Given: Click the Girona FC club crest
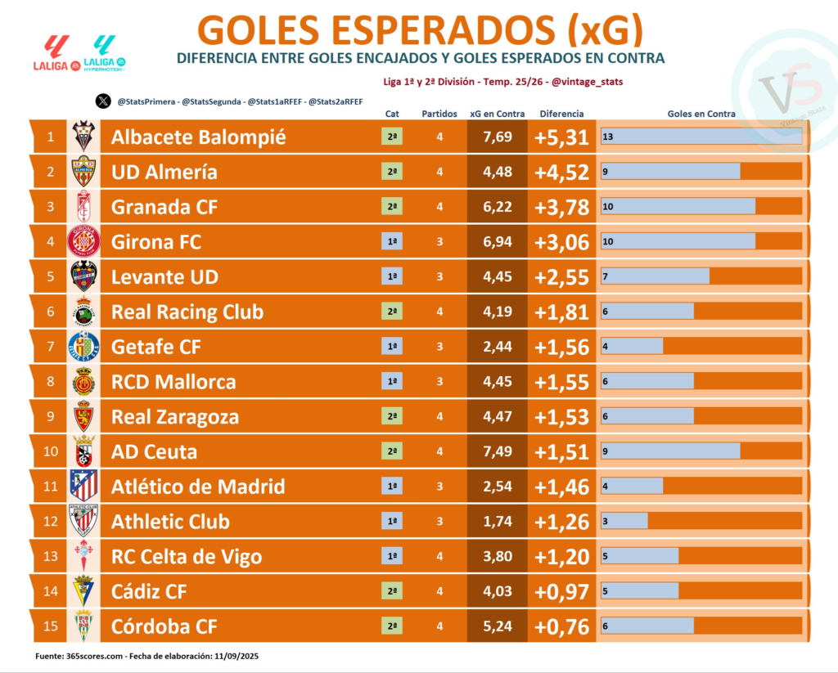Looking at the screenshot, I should [x=83, y=242].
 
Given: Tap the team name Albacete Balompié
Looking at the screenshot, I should [x=199, y=137].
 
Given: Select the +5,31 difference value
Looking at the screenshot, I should [x=561, y=137].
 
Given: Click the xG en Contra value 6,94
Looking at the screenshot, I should [x=498, y=242].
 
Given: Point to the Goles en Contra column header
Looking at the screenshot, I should [x=701, y=114].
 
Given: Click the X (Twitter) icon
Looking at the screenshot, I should [x=102, y=101].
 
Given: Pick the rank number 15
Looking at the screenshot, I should [x=51, y=626].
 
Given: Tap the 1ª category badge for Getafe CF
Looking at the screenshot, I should [x=393, y=347].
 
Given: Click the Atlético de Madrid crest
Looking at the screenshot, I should [x=83, y=487].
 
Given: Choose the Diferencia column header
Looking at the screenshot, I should [x=561, y=114].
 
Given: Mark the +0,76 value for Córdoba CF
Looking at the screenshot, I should [x=561, y=626].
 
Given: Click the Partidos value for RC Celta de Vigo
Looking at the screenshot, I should [x=439, y=557].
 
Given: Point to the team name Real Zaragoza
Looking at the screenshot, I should [x=175, y=417].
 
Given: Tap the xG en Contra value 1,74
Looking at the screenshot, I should [x=498, y=522].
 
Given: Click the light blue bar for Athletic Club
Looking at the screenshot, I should [x=624, y=522].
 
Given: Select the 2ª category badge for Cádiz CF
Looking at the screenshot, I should [x=393, y=591].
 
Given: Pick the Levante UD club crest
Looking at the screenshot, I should [x=83, y=276].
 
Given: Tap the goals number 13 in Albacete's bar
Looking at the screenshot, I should [x=608, y=137].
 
